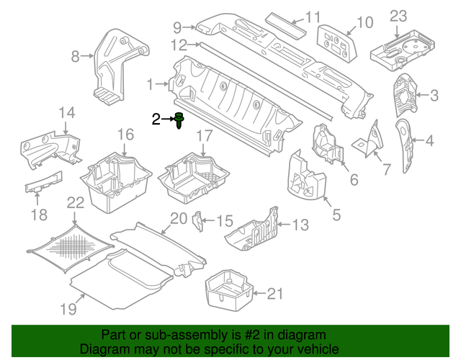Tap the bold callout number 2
click(156, 120)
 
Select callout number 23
click(398, 16)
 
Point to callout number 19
click(68, 310)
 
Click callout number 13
click(300, 225)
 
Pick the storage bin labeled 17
click(197, 176)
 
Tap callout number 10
click(365, 22)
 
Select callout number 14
click(66, 112)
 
